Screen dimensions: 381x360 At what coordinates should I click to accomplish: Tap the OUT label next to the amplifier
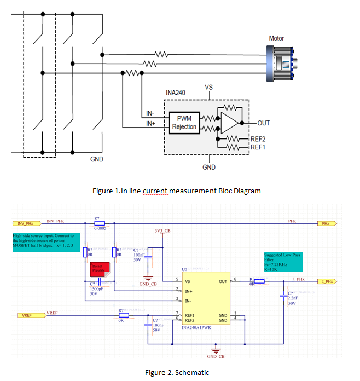264,123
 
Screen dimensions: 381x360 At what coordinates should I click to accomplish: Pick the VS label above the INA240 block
208,88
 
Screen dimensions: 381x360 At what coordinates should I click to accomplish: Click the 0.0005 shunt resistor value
100,229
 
